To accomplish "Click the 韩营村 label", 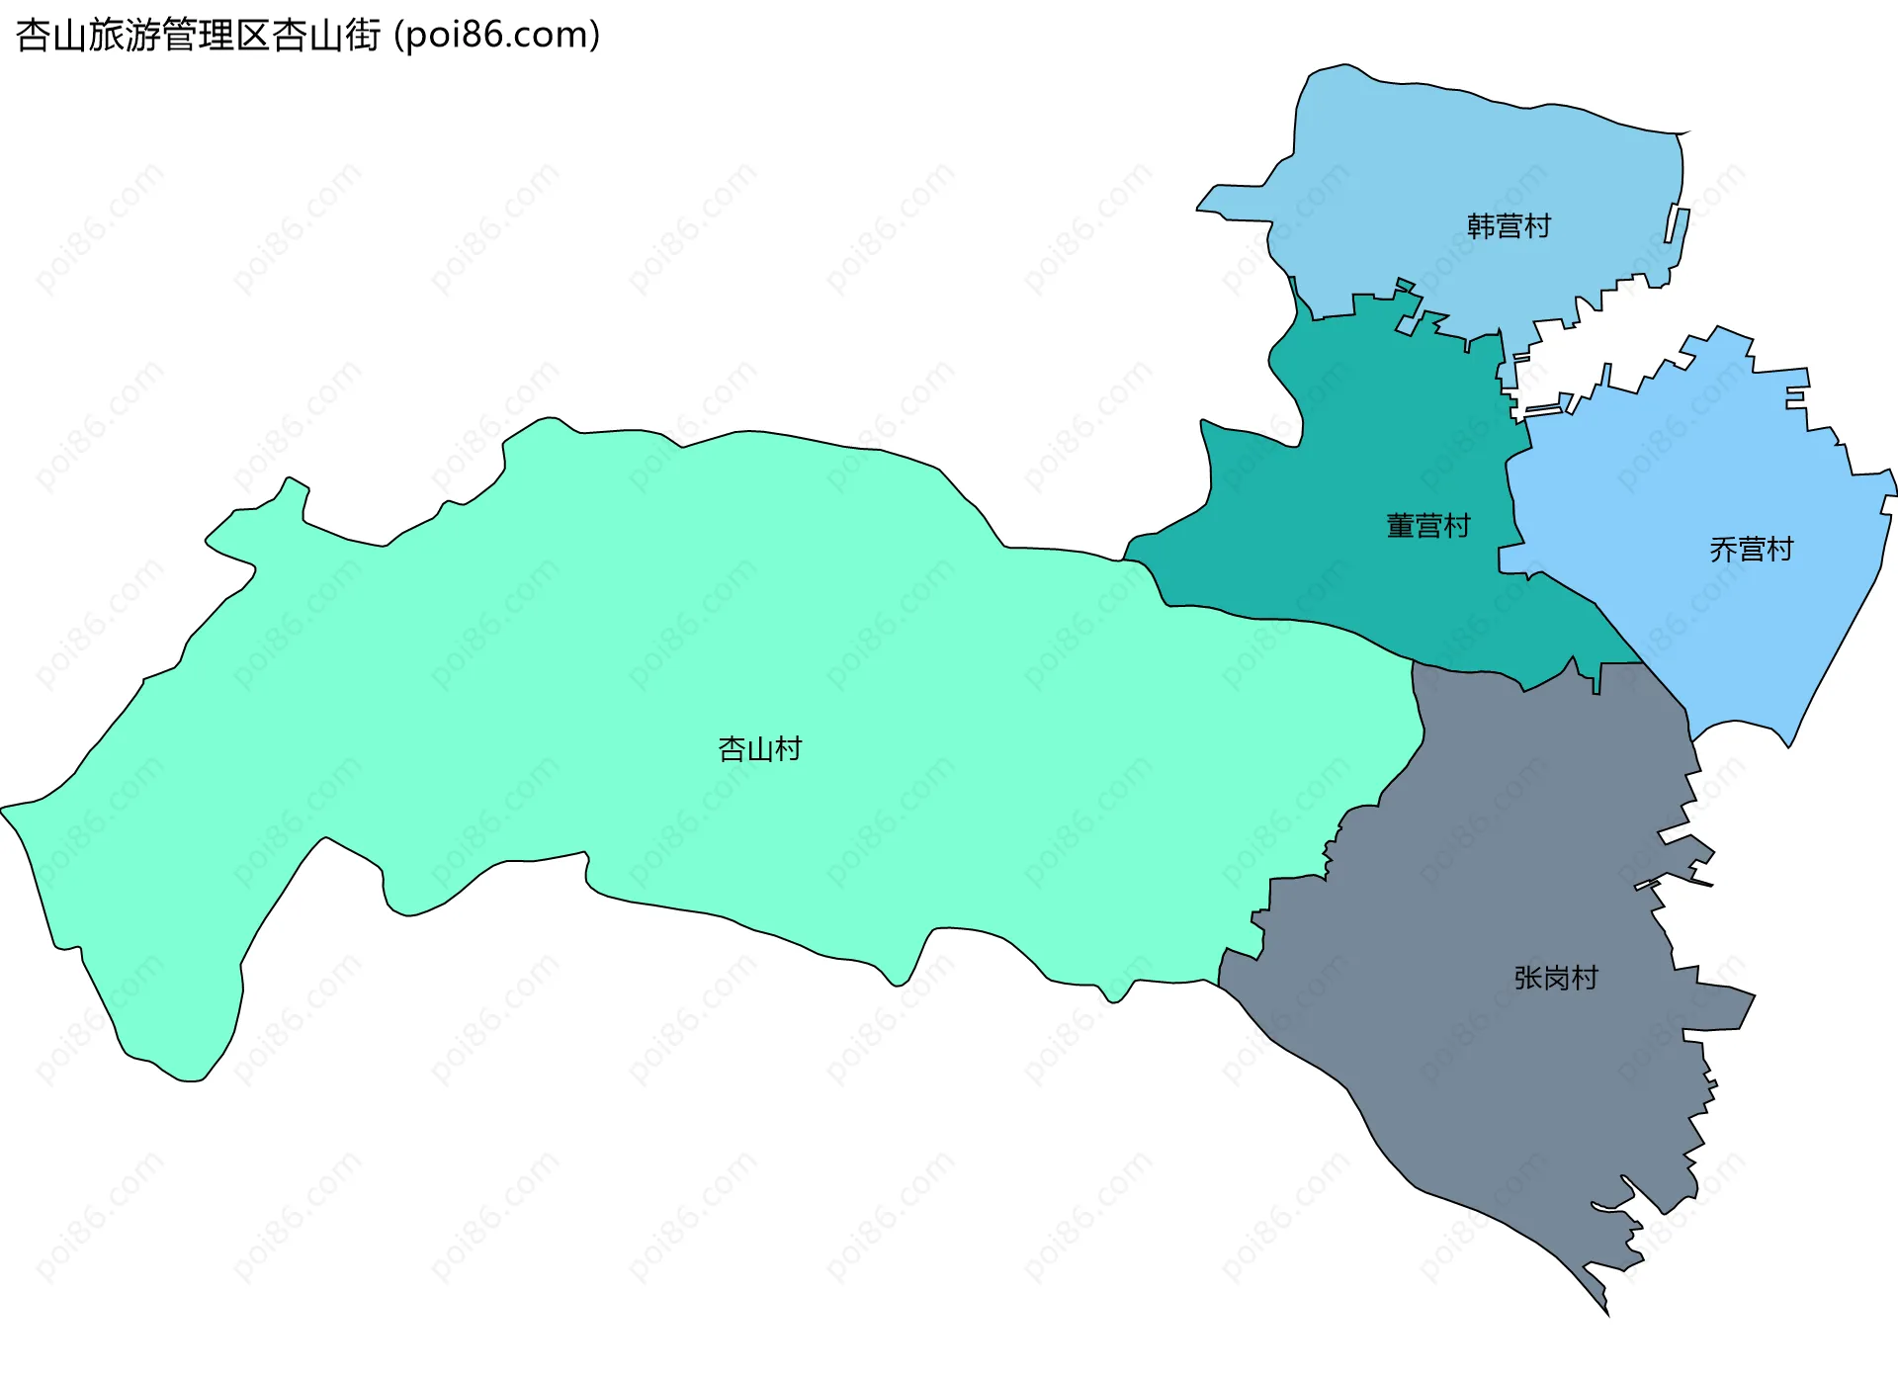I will (x=1509, y=226).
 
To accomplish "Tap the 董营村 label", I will (x=1428, y=526).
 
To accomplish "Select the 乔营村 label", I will (x=1752, y=550).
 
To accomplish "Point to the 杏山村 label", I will (x=759, y=749).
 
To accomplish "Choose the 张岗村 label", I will (x=1556, y=978).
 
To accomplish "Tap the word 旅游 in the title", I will (x=125, y=36).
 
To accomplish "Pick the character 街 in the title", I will (x=363, y=36).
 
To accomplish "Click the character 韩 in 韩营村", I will (x=1481, y=226).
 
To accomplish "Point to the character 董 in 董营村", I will (x=1401, y=526).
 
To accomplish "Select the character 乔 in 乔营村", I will (x=1724, y=550).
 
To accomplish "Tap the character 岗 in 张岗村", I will (x=1556, y=978).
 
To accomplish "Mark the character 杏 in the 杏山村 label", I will (x=732, y=749).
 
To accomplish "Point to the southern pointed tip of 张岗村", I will (x=1606, y=1312).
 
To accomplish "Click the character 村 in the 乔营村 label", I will (x=1780, y=550).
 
